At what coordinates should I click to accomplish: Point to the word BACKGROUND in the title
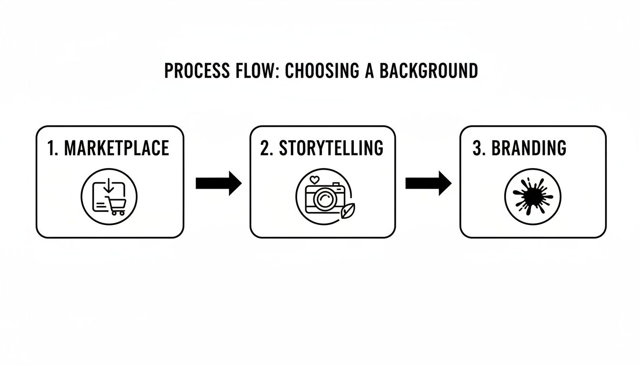[x=429, y=71]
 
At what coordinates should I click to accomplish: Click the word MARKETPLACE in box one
[x=117, y=148]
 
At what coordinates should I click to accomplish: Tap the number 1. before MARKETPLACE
[x=53, y=148]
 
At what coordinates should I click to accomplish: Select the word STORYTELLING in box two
[x=331, y=148]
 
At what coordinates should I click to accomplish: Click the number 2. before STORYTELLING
[x=267, y=148]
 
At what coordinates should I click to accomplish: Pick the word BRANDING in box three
[x=529, y=148]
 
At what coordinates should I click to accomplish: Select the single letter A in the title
[x=370, y=71]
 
